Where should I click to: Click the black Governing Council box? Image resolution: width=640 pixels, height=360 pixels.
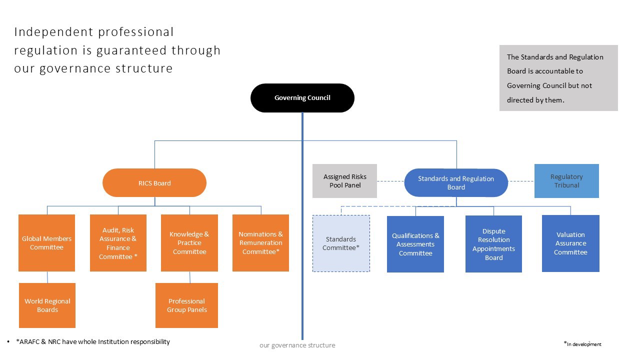302,98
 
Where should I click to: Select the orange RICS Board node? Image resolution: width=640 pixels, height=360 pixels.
154,183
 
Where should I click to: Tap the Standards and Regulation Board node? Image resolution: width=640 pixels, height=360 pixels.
456,183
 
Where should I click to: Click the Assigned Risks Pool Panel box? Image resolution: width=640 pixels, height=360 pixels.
344,181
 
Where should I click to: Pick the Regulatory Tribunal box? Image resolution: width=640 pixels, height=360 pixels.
566,181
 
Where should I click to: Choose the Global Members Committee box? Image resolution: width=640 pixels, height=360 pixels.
46,243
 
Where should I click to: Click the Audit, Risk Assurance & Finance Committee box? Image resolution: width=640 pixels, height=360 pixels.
118,243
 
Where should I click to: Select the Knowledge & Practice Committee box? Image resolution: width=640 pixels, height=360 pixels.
189,243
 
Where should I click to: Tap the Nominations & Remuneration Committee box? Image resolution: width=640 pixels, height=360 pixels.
260,243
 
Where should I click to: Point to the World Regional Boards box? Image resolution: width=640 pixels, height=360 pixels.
47,305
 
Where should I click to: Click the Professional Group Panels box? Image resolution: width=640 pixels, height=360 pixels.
186,305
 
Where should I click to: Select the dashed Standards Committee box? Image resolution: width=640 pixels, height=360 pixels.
341,243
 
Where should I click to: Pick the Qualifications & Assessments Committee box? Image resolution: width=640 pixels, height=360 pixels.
415,244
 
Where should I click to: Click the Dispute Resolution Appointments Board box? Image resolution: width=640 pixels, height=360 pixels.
493,244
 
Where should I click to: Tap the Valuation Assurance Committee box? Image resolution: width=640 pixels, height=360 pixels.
570,243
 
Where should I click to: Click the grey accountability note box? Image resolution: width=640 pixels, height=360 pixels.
558,78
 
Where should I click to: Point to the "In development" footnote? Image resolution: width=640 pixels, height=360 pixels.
583,344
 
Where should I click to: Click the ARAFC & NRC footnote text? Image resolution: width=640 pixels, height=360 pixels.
93,342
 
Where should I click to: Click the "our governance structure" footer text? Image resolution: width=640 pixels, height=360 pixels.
297,345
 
